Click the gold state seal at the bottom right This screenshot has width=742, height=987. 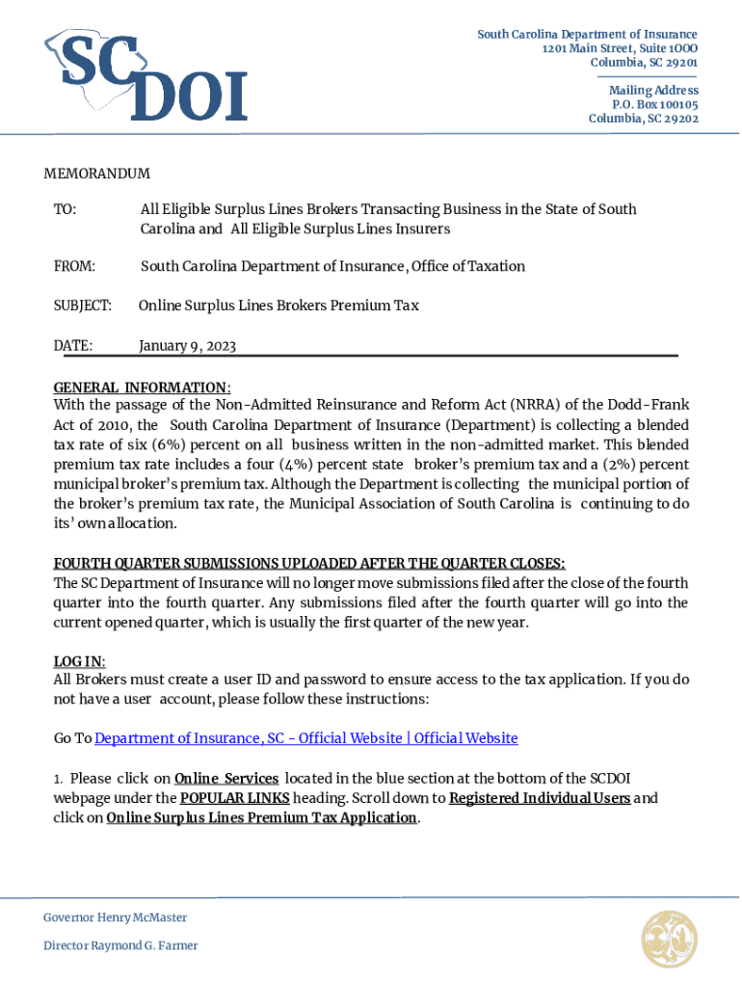point(669,939)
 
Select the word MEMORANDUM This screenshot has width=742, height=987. point(96,173)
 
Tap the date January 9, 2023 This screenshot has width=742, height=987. point(187,345)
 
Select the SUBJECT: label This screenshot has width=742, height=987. point(83,306)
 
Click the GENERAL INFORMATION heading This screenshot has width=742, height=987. point(141,387)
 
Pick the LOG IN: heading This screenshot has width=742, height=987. point(79,661)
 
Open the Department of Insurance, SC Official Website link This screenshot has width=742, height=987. point(306,738)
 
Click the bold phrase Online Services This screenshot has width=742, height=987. point(226,778)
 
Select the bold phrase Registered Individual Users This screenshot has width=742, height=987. point(540,798)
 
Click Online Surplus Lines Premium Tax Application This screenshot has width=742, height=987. point(261,818)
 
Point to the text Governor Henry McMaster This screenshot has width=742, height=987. point(115,918)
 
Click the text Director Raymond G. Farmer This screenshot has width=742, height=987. point(120,946)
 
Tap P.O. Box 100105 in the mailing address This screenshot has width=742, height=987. point(654,104)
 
